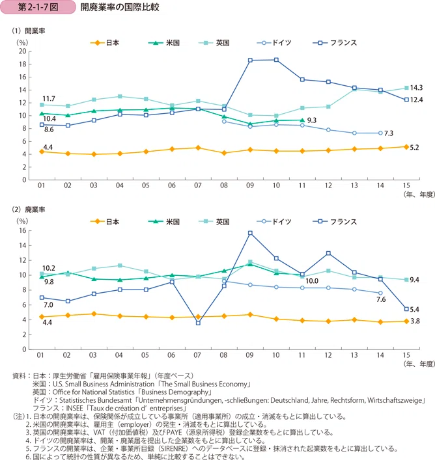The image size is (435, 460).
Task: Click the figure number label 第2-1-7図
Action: pyautogui.click(x=38, y=7)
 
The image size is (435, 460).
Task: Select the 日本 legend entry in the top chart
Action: pyautogui.click(x=104, y=43)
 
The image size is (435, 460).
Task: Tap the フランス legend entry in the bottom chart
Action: pyautogui.click(x=335, y=221)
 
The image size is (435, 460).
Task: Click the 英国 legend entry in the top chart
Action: pyautogui.click(x=214, y=43)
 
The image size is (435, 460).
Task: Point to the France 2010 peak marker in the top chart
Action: pyautogui.click(x=276, y=60)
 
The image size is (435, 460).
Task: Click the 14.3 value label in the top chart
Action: pyautogui.click(x=416, y=88)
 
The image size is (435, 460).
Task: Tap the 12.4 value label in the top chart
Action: pyautogui.click(x=416, y=100)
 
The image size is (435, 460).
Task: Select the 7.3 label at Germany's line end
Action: pyautogui.click(x=389, y=133)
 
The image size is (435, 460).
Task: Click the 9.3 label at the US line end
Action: pyautogui.click(x=312, y=120)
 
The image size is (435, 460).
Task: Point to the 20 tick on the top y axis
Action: pyautogui.click(x=23, y=51)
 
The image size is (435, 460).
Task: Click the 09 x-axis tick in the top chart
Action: pyautogui.click(x=250, y=185)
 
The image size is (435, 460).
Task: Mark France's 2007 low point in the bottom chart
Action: pyautogui.click(x=198, y=323)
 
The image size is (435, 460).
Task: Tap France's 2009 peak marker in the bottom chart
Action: pyautogui.click(x=250, y=233)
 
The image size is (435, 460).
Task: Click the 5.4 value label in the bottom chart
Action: pyautogui.click(x=414, y=310)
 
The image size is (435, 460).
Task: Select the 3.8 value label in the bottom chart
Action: pyautogui.click(x=415, y=321)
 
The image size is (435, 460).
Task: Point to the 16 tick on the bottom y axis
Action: pyautogui.click(x=23, y=230)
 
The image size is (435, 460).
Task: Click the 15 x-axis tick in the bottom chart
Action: pyautogui.click(x=406, y=355)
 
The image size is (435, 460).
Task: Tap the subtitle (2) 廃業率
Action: pyautogui.click(x=29, y=210)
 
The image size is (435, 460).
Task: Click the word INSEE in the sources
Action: pyautogui.click(x=75, y=409)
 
